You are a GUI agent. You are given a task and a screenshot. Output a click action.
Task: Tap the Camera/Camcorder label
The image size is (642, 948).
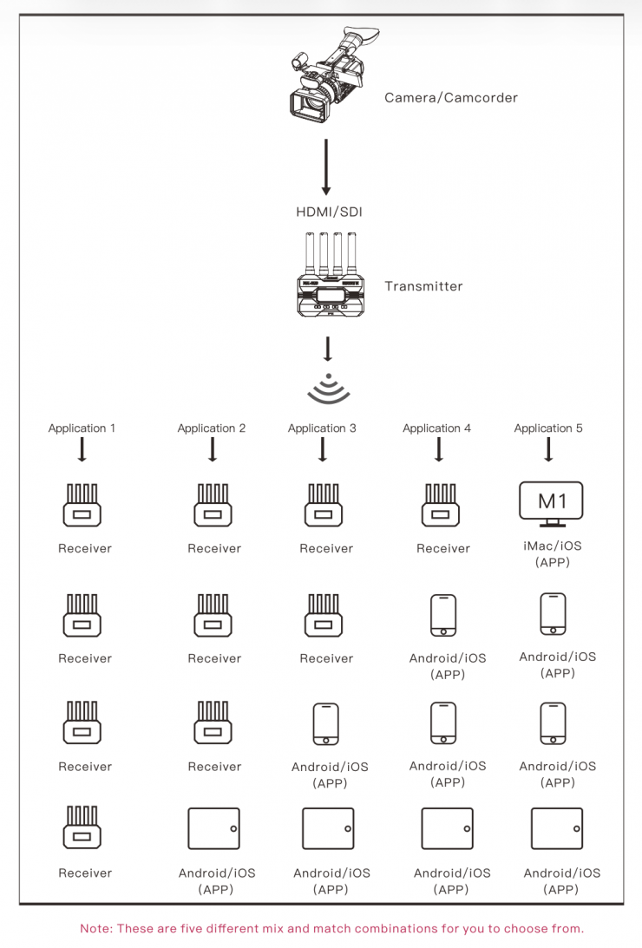tap(451, 98)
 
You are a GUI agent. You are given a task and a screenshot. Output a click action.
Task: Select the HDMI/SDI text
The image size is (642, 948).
tap(329, 212)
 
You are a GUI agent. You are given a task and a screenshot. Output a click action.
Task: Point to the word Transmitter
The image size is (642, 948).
tap(423, 286)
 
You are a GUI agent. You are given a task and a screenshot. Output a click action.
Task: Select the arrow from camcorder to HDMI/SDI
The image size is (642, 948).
tap(326, 167)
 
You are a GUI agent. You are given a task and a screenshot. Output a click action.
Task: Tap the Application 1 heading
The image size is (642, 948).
tap(82, 428)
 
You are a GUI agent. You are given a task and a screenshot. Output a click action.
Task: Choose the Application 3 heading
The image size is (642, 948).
tap(322, 428)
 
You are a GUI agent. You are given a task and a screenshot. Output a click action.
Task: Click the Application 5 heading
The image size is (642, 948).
tap(548, 428)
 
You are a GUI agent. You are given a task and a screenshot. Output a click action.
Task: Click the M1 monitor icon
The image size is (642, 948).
tap(551, 504)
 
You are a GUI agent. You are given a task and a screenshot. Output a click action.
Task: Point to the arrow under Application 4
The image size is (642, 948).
tap(439, 449)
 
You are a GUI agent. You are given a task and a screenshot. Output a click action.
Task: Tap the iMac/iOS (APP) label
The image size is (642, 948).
tap(553, 554)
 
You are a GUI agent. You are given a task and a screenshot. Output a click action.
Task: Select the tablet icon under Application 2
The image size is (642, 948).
tap(213, 828)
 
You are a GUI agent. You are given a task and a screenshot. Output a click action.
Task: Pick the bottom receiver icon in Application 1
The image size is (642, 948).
tap(82, 827)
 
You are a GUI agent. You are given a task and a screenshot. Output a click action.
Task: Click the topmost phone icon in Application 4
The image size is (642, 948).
tap(443, 616)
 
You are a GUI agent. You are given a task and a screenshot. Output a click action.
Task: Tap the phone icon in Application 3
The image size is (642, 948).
tap(326, 723)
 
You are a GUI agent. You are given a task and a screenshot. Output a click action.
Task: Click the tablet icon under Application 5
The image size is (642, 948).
tap(557, 828)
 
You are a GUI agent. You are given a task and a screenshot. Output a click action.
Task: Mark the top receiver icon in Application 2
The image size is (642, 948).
tap(213, 505)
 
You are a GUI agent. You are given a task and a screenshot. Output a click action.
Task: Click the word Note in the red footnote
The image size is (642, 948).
tap(95, 929)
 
